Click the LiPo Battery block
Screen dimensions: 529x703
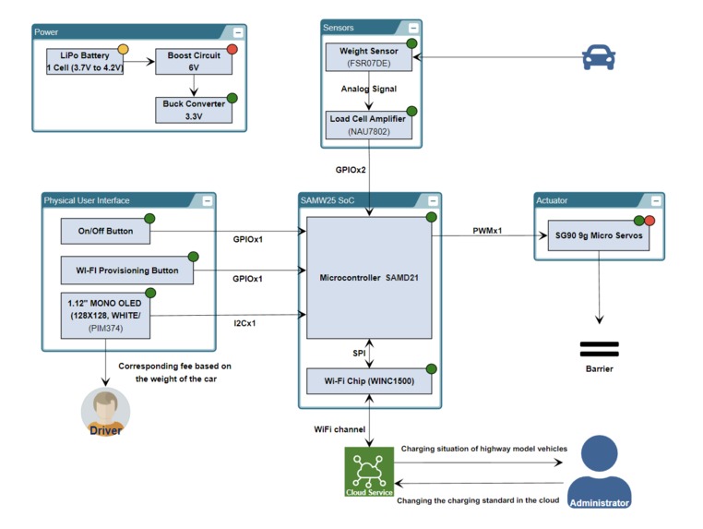tap(86, 61)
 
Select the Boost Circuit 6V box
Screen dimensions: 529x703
tap(194, 61)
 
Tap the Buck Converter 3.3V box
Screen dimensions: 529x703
tap(194, 110)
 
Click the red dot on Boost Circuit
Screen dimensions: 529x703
tap(232, 49)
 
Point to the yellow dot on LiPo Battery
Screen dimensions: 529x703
tap(123, 49)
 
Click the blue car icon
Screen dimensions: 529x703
tap(600, 59)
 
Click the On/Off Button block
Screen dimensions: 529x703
tap(106, 232)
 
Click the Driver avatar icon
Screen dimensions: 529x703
tap(106, 412)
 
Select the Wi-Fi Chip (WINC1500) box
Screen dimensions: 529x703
tap(369, 379)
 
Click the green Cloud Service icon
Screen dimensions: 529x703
tap(369, 472)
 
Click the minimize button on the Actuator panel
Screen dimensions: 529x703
tap(655, 200)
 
